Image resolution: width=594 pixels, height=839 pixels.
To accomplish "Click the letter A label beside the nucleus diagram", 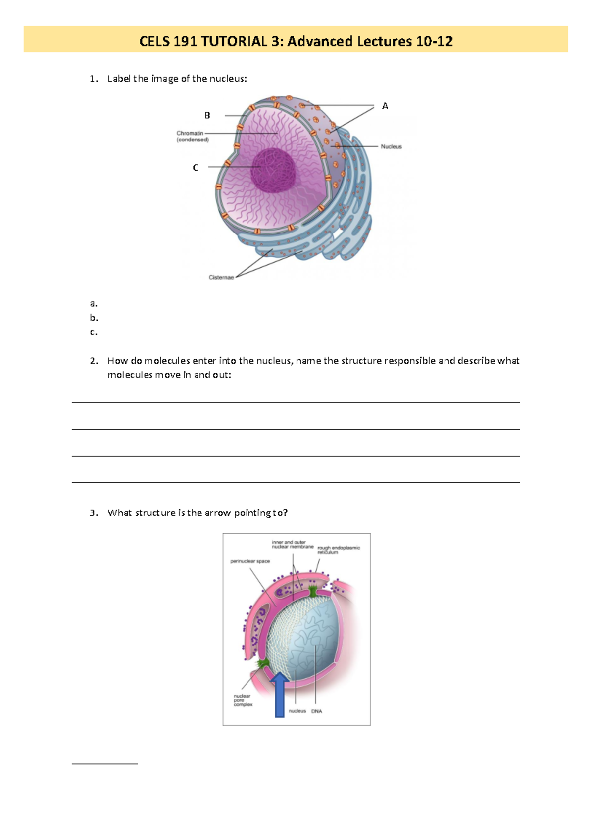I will (385, 106).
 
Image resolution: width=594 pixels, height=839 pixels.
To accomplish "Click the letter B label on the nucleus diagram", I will (207, 115).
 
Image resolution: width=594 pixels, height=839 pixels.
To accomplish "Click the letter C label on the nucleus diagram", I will (196, 168).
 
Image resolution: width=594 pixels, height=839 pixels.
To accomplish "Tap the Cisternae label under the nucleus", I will (221, 277).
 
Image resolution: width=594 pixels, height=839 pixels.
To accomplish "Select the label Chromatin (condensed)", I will (193, 137).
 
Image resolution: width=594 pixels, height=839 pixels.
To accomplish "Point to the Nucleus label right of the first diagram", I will (391, 147).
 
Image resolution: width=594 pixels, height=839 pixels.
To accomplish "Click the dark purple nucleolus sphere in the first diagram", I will (274, 170).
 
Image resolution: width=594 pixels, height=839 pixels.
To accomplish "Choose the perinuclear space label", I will (250, 561).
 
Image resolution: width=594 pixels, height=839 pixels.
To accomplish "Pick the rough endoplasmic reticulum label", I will (339, 550).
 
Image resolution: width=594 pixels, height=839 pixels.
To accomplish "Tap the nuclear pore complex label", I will (243, 700).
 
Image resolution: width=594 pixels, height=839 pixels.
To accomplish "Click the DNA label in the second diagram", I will (317, 711).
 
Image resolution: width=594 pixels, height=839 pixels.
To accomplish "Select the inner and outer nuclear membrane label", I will (292, 544).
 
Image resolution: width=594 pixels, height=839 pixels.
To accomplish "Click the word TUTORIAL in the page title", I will (234, 41).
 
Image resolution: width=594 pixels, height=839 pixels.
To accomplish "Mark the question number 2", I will (94, 361).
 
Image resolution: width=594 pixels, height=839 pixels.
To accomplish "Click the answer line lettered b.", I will (94, 318).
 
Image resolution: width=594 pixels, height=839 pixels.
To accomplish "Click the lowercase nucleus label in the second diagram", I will (297, 711).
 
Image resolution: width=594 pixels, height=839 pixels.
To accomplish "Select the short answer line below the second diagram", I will (104, 764).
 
